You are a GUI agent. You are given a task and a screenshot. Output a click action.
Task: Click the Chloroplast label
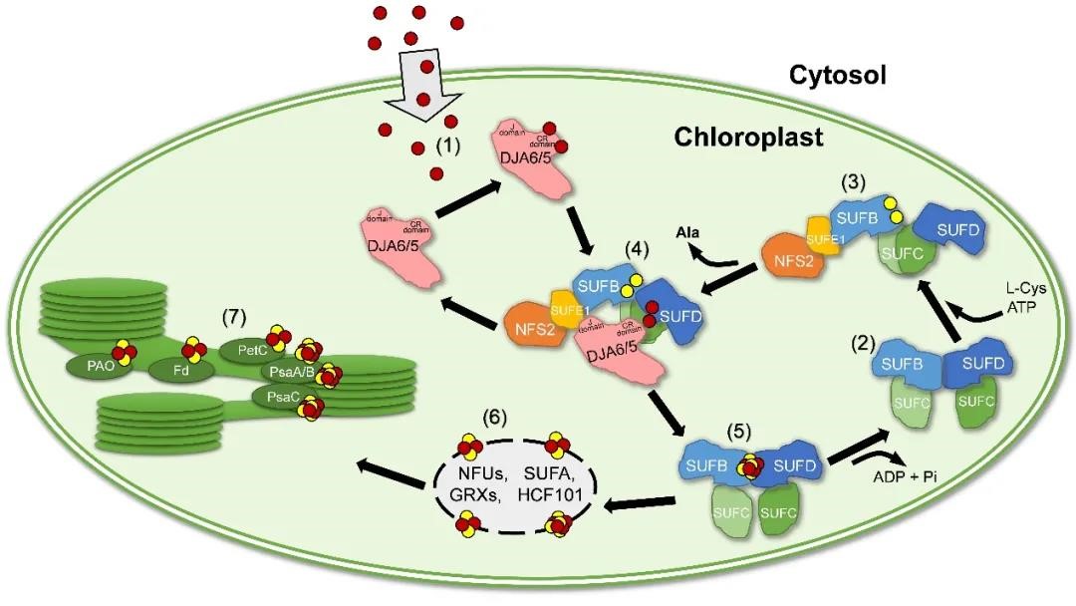coord(748,137)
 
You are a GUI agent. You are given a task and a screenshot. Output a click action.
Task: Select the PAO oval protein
coord(102,365)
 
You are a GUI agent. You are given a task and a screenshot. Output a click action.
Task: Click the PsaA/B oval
coord(291,372)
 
